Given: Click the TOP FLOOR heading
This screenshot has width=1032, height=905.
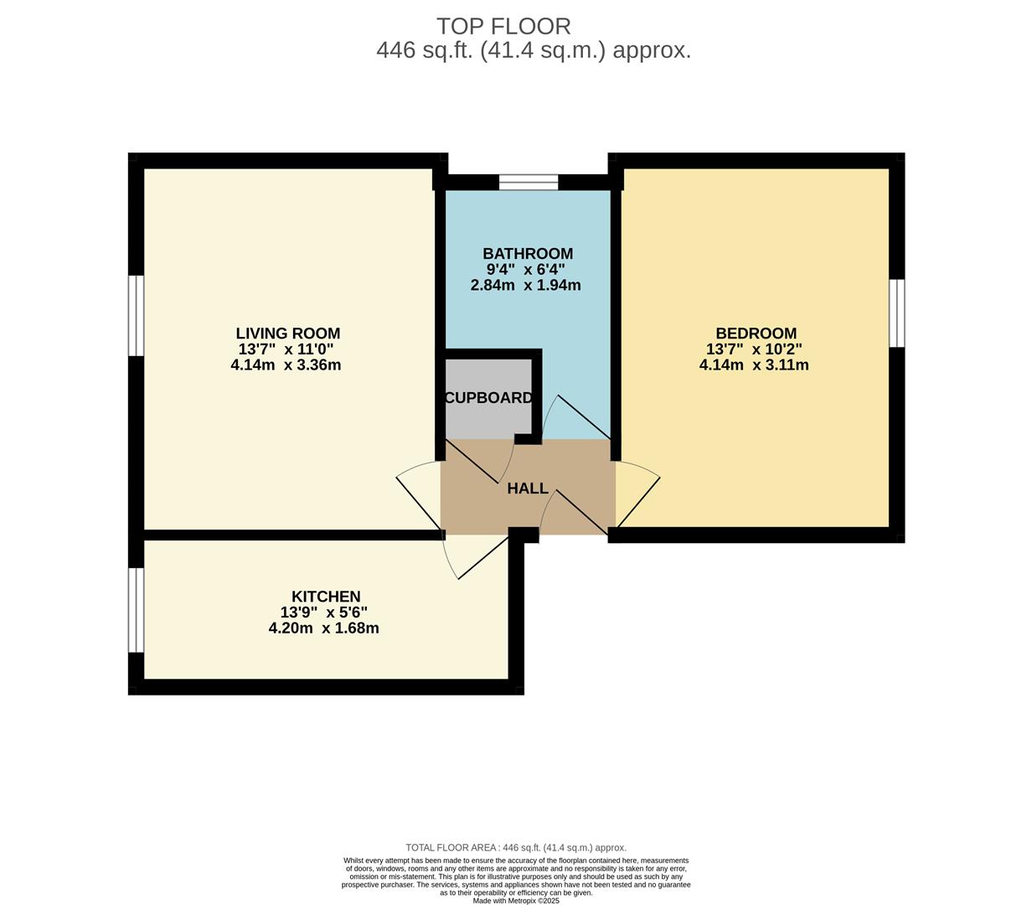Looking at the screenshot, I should click(x=503, y=26).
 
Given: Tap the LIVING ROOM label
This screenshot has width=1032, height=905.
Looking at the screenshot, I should click(x=287, y=334).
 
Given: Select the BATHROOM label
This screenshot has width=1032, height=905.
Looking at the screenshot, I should click(x=528, y=254).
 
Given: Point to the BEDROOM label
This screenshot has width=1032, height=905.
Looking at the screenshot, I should click(x=756, y=334).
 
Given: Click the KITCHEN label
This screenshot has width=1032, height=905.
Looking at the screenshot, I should click(x=326, y=597).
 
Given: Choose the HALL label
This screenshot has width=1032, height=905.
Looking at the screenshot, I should click(x=528, y=489).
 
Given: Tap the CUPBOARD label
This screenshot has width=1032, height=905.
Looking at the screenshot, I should click(x=488, y=398).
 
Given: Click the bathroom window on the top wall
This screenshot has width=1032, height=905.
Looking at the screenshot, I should click(x=529, y=182).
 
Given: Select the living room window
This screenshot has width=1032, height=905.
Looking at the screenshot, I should click(x=136, y=315).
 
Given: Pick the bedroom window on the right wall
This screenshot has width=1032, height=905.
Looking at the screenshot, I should click(x=896, y=313).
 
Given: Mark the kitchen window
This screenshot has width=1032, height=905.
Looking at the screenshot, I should click(x=136, y=609).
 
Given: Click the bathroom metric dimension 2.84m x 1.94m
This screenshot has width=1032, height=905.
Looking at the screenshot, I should click(x=526, y=285).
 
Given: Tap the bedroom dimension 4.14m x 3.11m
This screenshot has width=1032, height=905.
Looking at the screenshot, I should click(x=754, y=365).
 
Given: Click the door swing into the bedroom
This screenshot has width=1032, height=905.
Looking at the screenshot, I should click(x=638, y=494).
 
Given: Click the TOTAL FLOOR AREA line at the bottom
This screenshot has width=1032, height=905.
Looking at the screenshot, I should click(x=516, y=847).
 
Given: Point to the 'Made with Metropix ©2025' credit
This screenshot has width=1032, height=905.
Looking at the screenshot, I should click(x=516, y=901).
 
